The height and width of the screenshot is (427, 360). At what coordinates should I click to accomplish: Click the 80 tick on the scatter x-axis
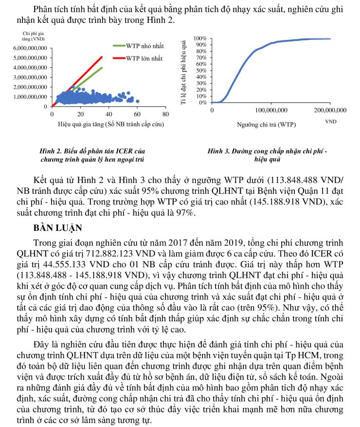165,114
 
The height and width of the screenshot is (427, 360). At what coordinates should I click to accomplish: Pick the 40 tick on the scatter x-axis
108,114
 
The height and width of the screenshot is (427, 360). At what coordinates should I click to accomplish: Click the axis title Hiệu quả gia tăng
108,124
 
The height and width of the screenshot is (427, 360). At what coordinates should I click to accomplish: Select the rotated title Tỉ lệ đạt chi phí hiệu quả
183,71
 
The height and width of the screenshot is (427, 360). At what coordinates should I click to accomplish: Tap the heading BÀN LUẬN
59,227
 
